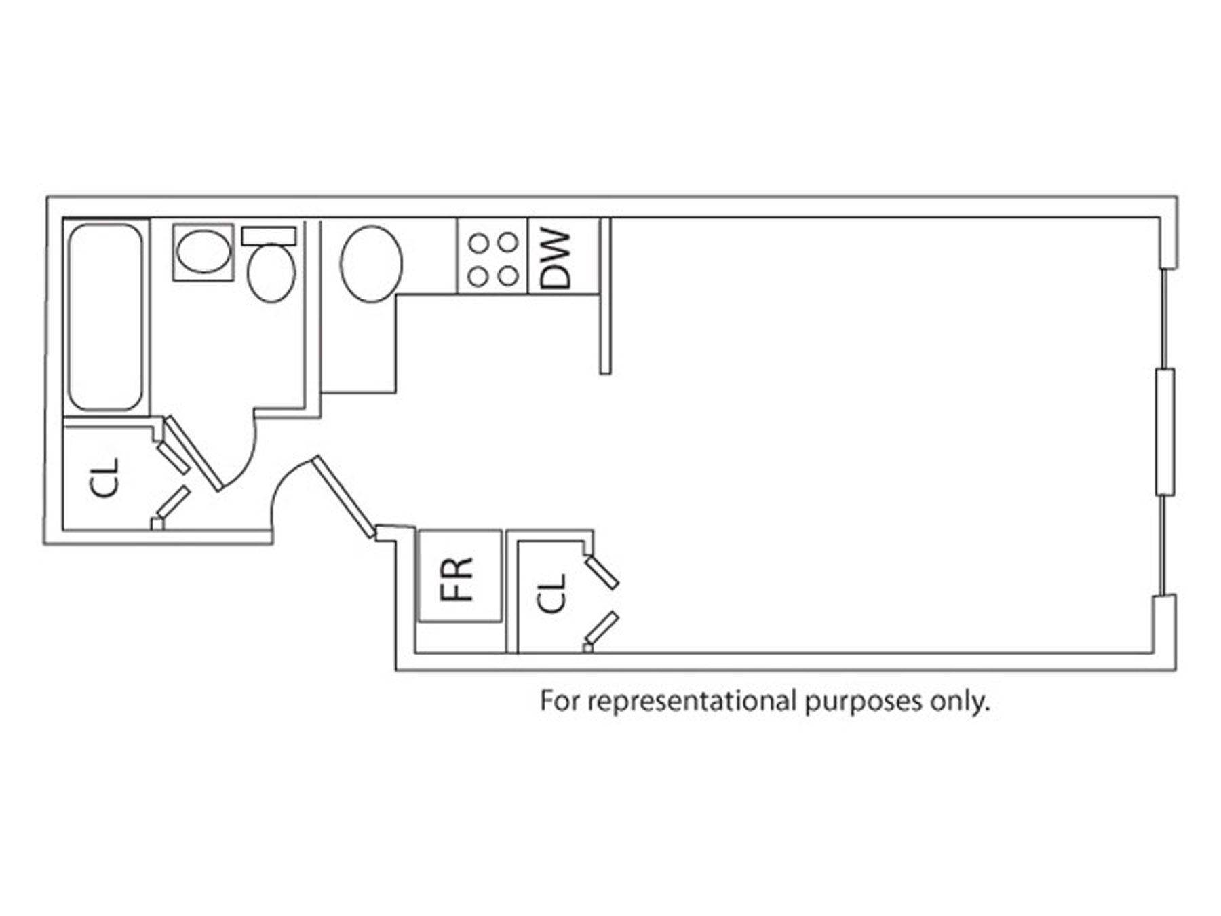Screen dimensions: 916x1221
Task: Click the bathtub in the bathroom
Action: [105, 318]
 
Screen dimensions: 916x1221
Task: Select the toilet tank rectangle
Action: [269, 235]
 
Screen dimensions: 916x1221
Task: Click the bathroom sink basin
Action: [203, 252]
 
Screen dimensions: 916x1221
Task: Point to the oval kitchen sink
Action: [370, 263]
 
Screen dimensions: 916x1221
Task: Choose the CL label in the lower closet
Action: [551, 593]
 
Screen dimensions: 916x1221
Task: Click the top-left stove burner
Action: [479, 242]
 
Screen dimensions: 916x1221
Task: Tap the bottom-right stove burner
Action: [508, 275]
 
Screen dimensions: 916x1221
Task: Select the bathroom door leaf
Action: [194, 453]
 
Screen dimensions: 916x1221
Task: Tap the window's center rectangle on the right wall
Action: [1165, 432]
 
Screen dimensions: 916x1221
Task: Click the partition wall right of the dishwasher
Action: [605, 296]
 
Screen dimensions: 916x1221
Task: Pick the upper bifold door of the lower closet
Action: [602, 572]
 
